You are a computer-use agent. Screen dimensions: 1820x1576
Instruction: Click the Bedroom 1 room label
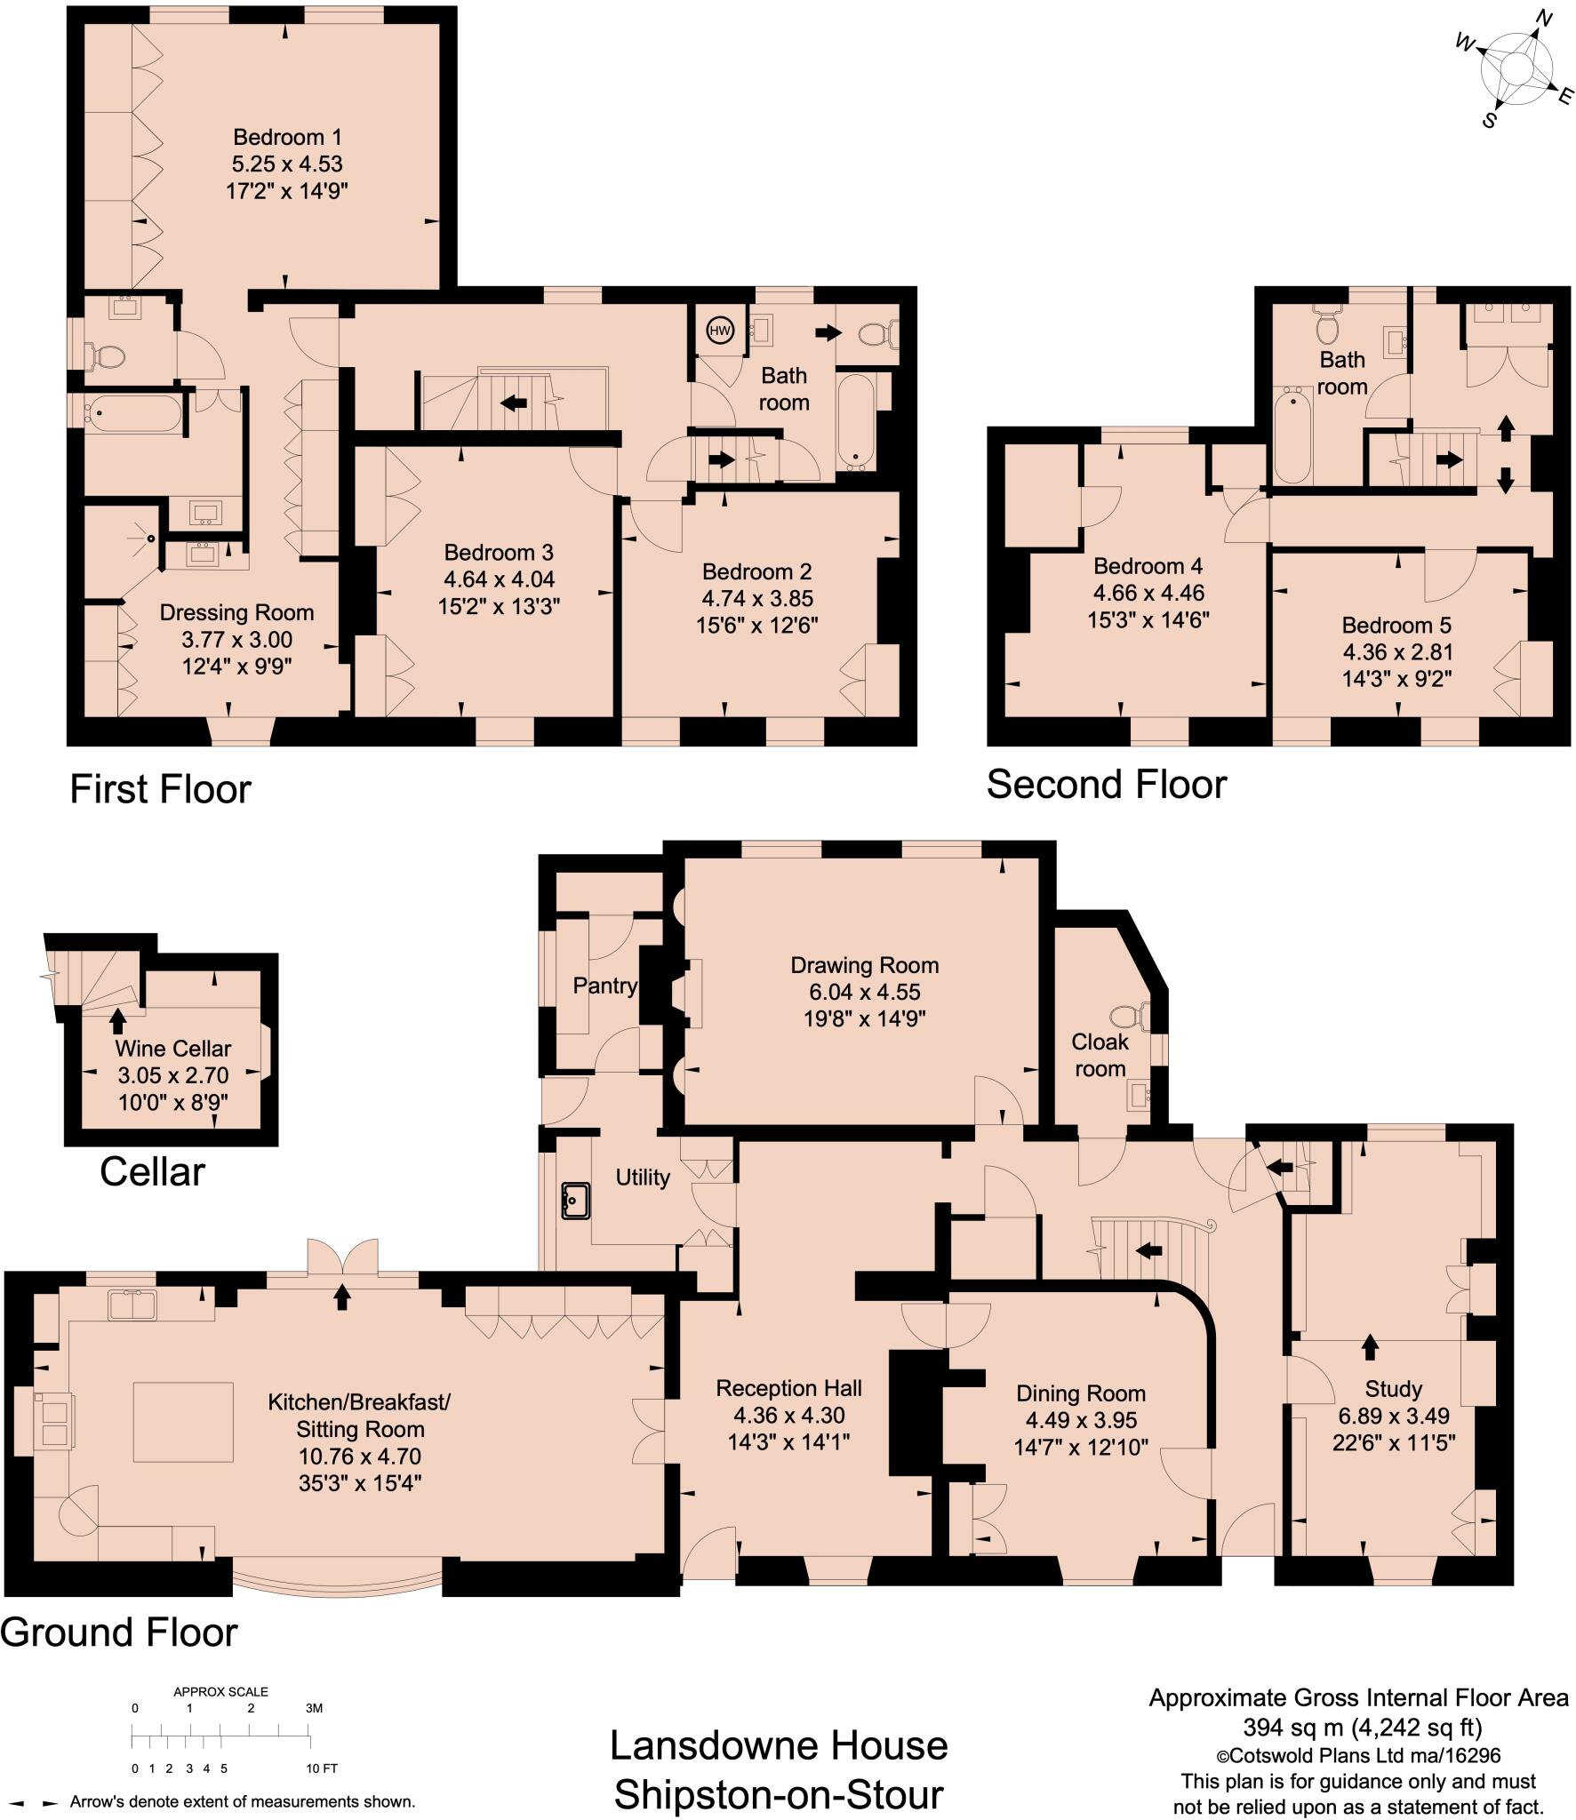tap(286, 138)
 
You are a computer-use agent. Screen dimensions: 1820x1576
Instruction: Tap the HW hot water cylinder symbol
tap(719, 331)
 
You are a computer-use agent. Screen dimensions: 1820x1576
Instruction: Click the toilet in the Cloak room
tap(1131, 1016)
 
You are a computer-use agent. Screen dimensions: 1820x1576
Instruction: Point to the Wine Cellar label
tap(173, 1049)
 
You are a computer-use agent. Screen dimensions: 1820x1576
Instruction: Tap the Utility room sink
tap(577, 1201)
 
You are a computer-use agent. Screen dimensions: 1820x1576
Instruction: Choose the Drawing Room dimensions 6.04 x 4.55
tap(864, 992)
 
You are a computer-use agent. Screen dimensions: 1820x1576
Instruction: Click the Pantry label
tap(604, 985)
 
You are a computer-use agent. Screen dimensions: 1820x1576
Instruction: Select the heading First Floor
tap(160, 789)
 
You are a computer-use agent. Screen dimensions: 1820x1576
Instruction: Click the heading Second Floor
tap(1106, 785)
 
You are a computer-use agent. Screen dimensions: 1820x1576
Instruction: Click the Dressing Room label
tap(236, 612)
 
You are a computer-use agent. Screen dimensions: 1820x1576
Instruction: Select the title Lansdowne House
tap(778, 1745)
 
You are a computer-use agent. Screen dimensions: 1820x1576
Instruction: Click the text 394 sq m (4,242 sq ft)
tap(1362, 1728)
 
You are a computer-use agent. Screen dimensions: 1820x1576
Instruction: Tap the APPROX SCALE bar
tap(220, 1736)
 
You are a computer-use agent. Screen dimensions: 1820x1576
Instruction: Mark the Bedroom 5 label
tap(1396, 625)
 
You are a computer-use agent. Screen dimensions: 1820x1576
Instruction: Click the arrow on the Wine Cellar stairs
tap(116, 1020)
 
